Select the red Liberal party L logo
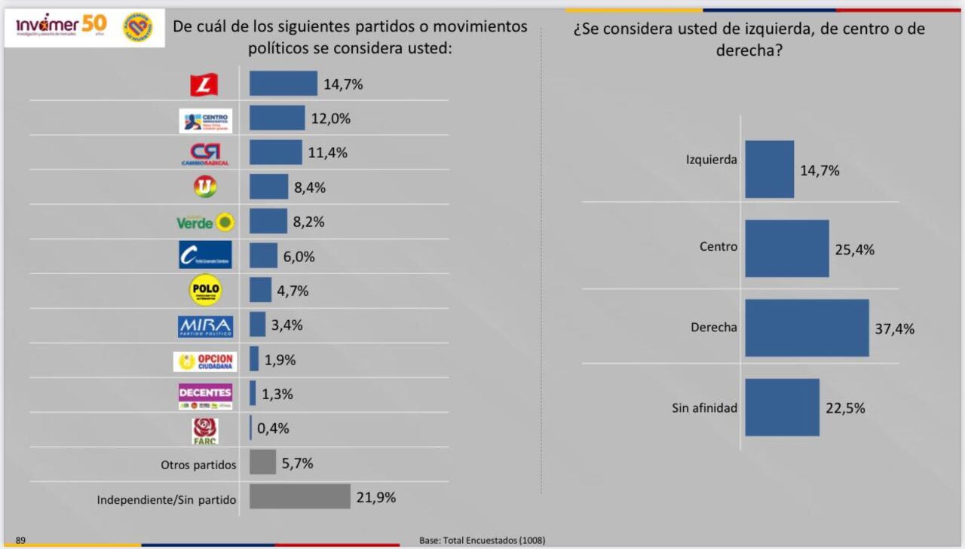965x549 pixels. [x=204, y=84]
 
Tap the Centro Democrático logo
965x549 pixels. [x=205, y=120]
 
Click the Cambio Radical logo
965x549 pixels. [x=205, y=154]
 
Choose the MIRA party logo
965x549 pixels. [x=205, y=326]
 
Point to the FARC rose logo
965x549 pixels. [x=205, y=430]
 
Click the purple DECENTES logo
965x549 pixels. [x=205, y=395]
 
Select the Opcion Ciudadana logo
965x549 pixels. [x=205, y=361]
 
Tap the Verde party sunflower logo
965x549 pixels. [x=205, y=222]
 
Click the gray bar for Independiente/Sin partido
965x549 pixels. [x=299, y=497]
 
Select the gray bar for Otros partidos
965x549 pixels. [x=262, y=462]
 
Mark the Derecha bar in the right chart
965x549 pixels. [x=807, y=328]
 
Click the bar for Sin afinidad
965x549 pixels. [x=782, y=407]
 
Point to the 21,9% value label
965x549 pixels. [x=376, y=498]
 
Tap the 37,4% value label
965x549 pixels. [x=895, y=329]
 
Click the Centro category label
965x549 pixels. [x=718, y=246]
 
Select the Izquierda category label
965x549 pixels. [x=711, y=160]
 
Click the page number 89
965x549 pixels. [x=20, y=540]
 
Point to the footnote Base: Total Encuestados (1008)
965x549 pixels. [x=482, y=541]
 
